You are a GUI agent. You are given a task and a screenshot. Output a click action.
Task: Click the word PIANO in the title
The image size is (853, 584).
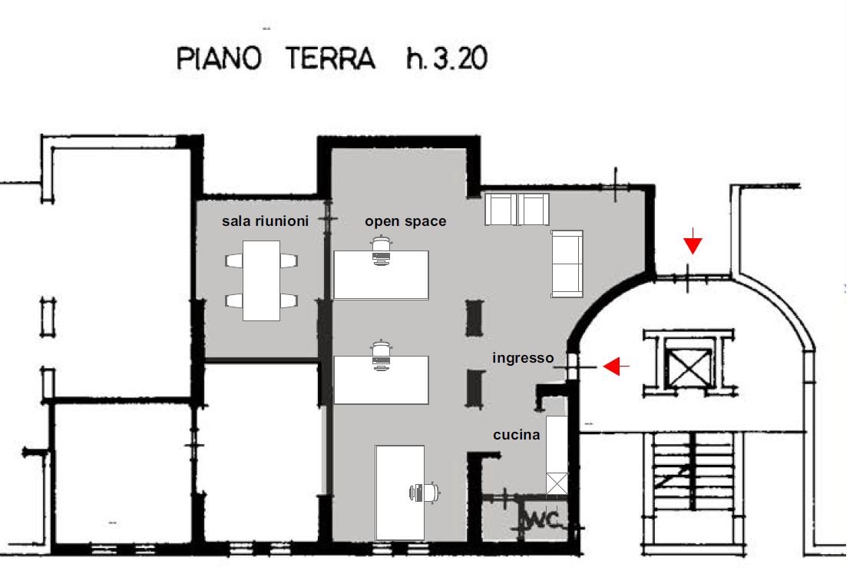click(219, 58)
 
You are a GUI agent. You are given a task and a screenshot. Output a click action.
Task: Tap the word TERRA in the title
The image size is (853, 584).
click(331, 58)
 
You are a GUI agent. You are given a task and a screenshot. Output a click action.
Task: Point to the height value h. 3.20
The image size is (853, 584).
click(447, 58)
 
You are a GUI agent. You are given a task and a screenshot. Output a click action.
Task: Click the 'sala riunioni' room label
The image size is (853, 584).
click(265, 221)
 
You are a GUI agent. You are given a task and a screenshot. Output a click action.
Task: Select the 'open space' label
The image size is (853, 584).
click(405, 221)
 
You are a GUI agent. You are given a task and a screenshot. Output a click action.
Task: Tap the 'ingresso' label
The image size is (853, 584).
click(523, 358)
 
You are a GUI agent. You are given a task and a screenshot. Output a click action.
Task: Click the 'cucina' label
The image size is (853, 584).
click(516, 435)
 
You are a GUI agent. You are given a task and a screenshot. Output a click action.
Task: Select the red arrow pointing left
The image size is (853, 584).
click(617, 367)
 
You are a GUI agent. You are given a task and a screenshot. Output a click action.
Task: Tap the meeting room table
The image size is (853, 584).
click(261, 280)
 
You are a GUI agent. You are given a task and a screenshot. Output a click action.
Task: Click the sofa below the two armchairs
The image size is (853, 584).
click(567, 264)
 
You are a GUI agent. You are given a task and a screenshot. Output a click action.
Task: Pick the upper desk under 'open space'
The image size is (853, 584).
click(381, 275)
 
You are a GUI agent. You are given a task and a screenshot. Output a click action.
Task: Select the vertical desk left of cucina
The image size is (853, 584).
click(400, 493)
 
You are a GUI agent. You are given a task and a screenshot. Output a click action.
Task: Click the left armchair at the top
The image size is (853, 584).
click(500, 209)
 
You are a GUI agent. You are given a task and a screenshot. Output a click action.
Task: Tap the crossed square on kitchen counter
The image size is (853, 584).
click(557, 484)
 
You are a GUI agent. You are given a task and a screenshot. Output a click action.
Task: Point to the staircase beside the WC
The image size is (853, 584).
click(693, 471)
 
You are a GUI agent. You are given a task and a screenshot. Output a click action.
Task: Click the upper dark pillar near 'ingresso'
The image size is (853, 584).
click(474, 318)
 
